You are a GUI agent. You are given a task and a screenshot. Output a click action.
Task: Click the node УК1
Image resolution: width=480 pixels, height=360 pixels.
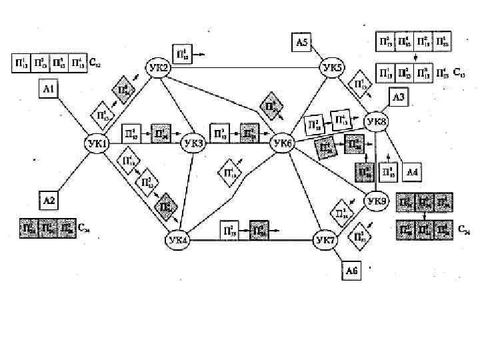click(96, 143)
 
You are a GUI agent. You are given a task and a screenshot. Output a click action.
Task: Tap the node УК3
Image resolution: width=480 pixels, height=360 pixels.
click(193, 143)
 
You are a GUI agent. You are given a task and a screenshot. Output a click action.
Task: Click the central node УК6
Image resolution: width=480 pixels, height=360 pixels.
click(282, 143)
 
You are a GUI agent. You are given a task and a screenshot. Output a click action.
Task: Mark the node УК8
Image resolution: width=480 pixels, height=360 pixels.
click(376, 122)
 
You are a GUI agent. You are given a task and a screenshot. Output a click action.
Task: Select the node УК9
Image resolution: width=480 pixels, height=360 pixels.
click(376, 200)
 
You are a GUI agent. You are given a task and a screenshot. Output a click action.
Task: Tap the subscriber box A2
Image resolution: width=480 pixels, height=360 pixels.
click(49, 199)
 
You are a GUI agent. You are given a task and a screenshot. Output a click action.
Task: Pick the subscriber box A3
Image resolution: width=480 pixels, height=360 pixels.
click(397, 97)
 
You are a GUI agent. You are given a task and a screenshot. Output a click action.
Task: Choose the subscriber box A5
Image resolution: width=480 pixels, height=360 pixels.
click(302, 42)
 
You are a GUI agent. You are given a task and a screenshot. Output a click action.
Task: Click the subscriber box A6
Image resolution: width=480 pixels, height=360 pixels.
click(351, 271)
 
